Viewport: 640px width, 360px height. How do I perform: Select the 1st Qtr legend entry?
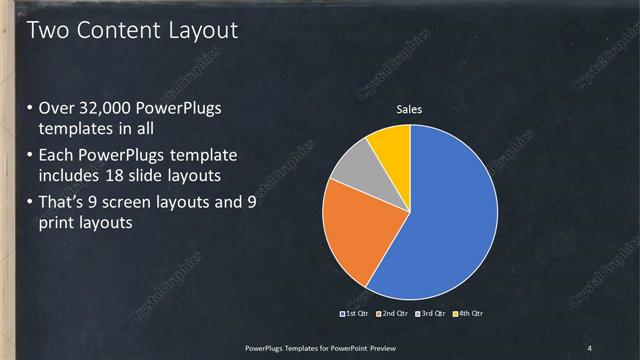(x=356, y=314)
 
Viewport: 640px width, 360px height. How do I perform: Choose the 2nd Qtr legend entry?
(x=394, y=314)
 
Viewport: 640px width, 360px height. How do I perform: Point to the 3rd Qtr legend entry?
(x=432, y=314)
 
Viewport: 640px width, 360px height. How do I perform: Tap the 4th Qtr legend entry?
(x=470, y=314)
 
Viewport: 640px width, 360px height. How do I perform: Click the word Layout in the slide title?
(x=201, y=31)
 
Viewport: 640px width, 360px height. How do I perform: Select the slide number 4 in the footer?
(x=589, y=347)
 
